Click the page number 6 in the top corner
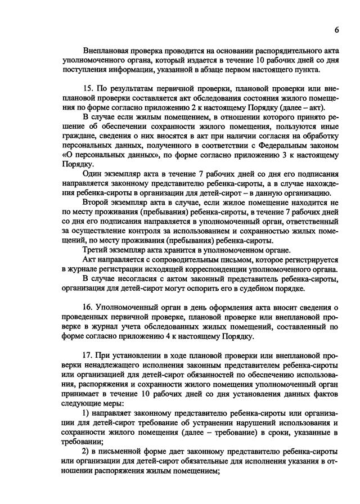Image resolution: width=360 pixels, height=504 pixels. point(336,29)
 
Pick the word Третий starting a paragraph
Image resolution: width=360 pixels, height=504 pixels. point(97,249)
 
